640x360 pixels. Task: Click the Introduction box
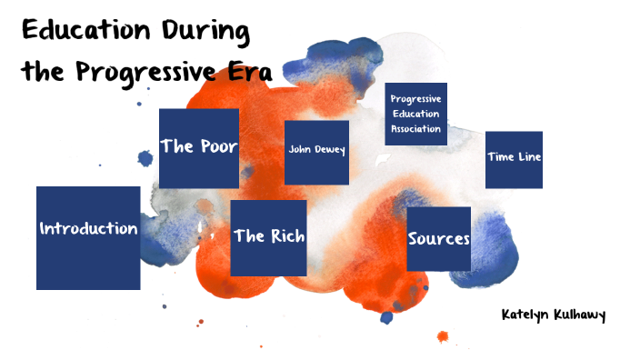pos(88,238)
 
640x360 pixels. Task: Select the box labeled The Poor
pos(199,148)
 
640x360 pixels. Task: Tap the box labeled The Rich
pos(268,237)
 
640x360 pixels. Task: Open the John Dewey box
pos(316,152)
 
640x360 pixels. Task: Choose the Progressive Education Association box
pos(415,114)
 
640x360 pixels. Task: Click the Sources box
pos(438,239)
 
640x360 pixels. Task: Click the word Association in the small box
pos(415,129)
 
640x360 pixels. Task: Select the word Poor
pos(218,147)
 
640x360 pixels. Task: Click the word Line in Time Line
pos(528,156)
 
